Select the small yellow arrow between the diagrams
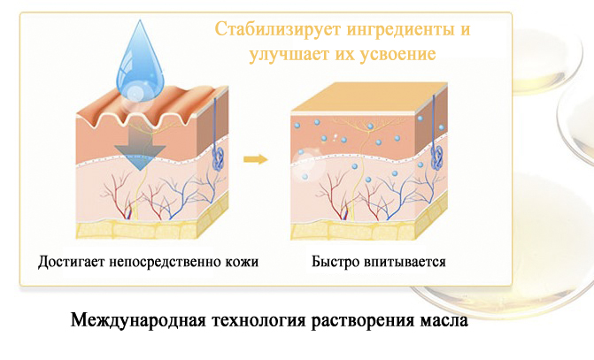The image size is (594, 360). click(x=255, y=158)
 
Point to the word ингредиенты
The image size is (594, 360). click(x=397, y=30)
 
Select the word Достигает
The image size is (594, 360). click(x=71, y=262)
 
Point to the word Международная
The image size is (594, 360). click(x=138, y=321)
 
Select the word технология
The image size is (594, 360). click(x=258, y=321)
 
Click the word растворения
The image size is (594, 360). click(x=363, y=321)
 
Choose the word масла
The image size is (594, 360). click(x=444, y=321)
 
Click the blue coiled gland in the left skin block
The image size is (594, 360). click(x=218, y=157)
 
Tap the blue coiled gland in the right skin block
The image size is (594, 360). click(x=437, y=157)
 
